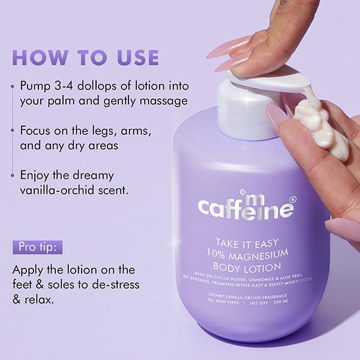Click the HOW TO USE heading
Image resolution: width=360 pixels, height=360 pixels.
[x=85, y=58]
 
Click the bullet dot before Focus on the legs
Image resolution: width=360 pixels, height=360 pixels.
[x=12, y=130]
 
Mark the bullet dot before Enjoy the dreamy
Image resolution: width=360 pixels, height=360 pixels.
[x=12, y=176]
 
